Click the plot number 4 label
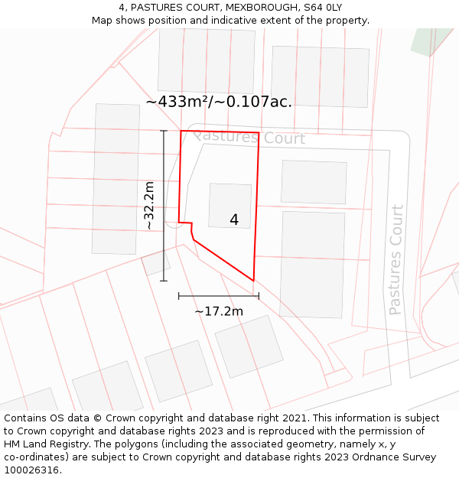[234, 220]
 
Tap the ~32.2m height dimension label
[149, 206]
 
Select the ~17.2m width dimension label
[219, 311]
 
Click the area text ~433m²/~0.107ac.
[219, 102]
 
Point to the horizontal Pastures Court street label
[249, 138]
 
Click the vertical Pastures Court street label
[396, 260]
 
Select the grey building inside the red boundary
[229, 205]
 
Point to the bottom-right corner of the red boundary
[253, 281]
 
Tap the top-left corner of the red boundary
[181, 131]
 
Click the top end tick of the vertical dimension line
[164, 131]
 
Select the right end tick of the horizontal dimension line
[259, 296]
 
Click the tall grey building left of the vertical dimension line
[116, 179]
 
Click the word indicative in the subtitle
[237, 20]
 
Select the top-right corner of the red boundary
[259, 132]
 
